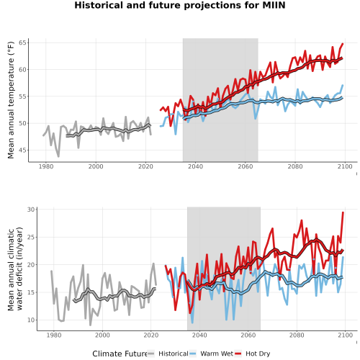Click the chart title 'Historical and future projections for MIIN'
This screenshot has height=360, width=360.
point(180,5)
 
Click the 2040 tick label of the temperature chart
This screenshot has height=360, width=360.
point(195,166)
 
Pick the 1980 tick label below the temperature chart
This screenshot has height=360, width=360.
point(46,166)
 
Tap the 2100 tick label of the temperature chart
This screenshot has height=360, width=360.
point(345,166)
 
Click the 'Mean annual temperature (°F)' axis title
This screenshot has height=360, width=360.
point(11,100)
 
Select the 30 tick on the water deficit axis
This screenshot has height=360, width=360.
point(31,210)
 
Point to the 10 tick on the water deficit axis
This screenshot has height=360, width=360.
point(31,320)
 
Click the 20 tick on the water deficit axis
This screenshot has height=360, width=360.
point(31,265)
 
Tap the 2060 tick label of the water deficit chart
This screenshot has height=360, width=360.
point(248,335)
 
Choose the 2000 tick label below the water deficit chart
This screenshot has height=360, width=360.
point(102,335)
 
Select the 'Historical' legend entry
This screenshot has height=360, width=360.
point(174,354)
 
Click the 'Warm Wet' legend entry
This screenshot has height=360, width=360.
point(217,354)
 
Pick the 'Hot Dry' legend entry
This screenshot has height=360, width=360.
point(258,354)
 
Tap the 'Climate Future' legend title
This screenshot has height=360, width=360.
point(120,354)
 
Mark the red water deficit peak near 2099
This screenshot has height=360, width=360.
point(343,212)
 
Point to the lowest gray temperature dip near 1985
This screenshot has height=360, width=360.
point(58,156)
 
